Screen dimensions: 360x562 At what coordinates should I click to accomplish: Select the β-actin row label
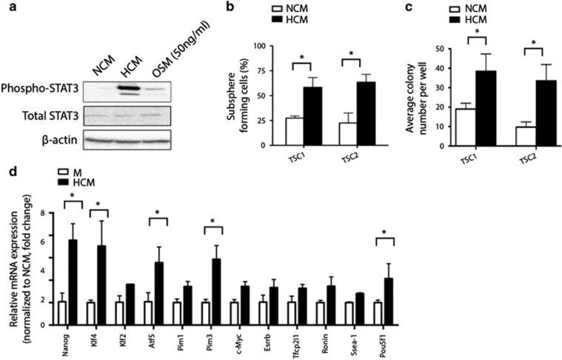51,137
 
